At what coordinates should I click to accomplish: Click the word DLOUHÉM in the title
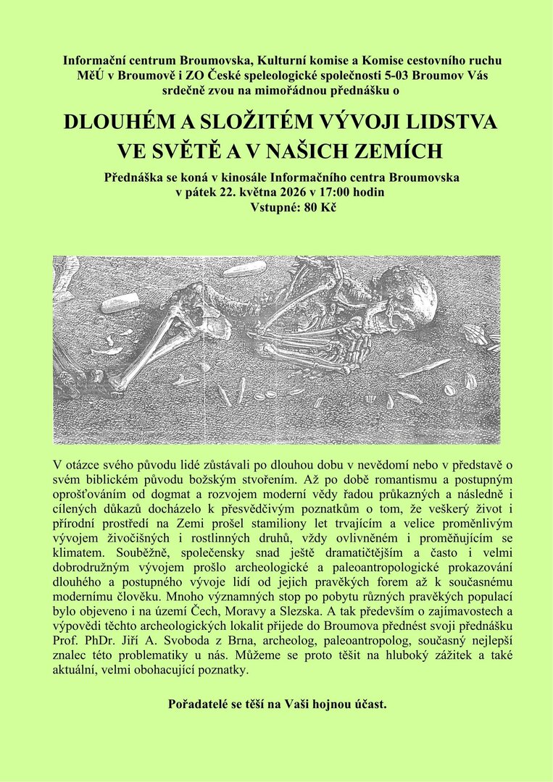(117, 122)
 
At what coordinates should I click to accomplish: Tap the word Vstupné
(271, 206)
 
